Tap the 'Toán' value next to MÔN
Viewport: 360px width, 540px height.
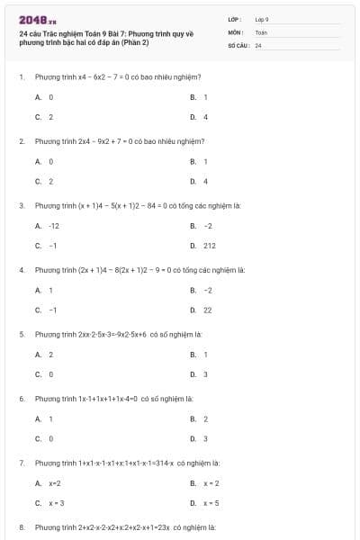tap(261, 31)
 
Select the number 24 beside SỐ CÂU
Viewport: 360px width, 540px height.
tap(258, 44)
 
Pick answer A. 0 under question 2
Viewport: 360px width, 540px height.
tap(45, 161)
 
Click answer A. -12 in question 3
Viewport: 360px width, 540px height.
tap(48, 226)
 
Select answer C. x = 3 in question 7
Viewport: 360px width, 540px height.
tap(50, 503)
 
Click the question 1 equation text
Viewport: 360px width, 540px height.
tap(117, 77)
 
